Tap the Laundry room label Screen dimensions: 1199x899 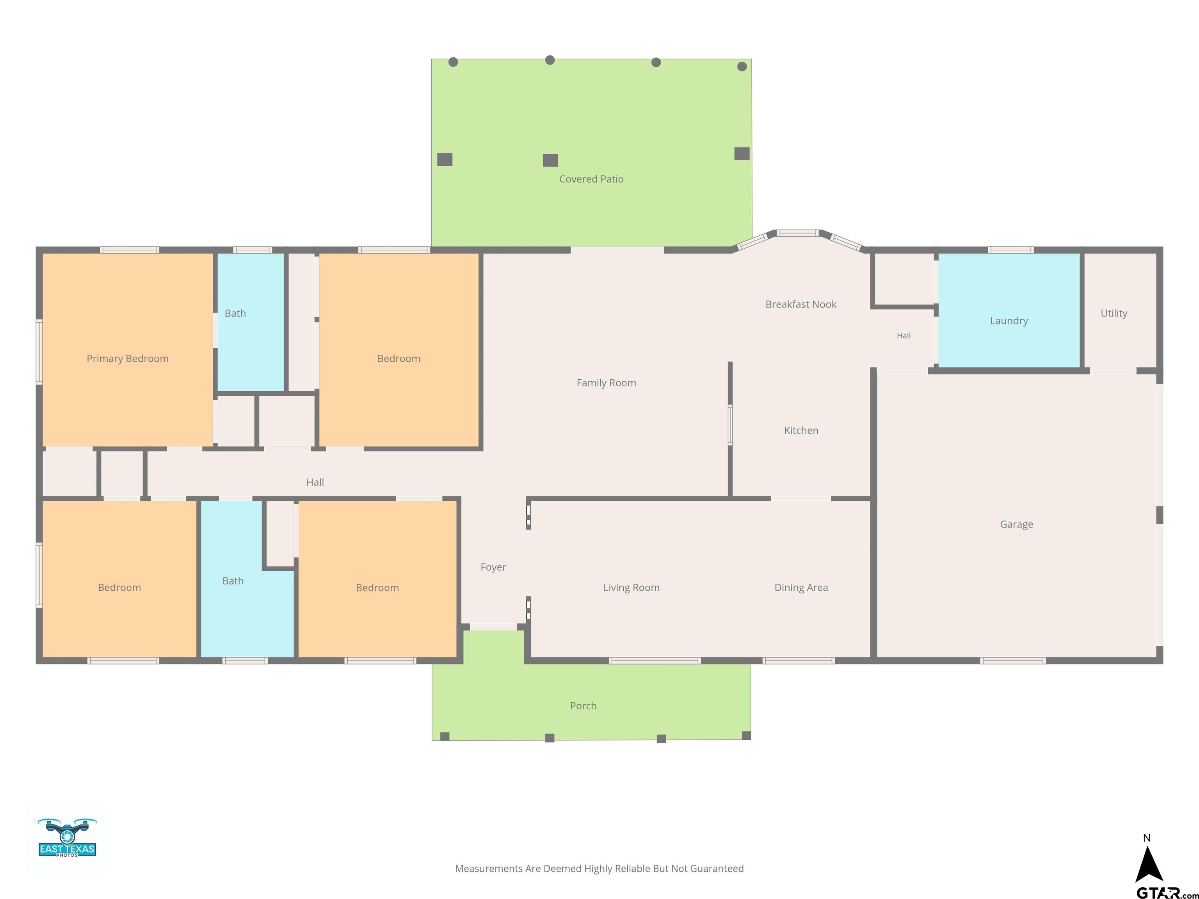coord(1009,321)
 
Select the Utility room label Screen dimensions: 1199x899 coord(1114,313)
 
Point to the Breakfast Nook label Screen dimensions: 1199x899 coord(801,304)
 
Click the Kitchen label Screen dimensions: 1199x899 coord(801,430)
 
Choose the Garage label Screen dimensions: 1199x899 coord(1016,524)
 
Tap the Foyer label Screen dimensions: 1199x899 coord(493,567)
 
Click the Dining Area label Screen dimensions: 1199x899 coord(801,587)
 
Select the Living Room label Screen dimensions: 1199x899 coord(632,587)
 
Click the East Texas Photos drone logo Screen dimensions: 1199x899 coord(67,837)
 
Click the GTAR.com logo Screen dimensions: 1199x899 coord(1167,892)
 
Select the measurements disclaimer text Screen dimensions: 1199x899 coord(599,869)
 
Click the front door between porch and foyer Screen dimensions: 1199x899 coord(493,627)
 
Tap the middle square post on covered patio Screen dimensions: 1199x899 coord(550,160)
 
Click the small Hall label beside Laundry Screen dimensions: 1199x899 coord(904,336)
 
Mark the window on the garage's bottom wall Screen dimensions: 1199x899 coord(1012,661)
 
